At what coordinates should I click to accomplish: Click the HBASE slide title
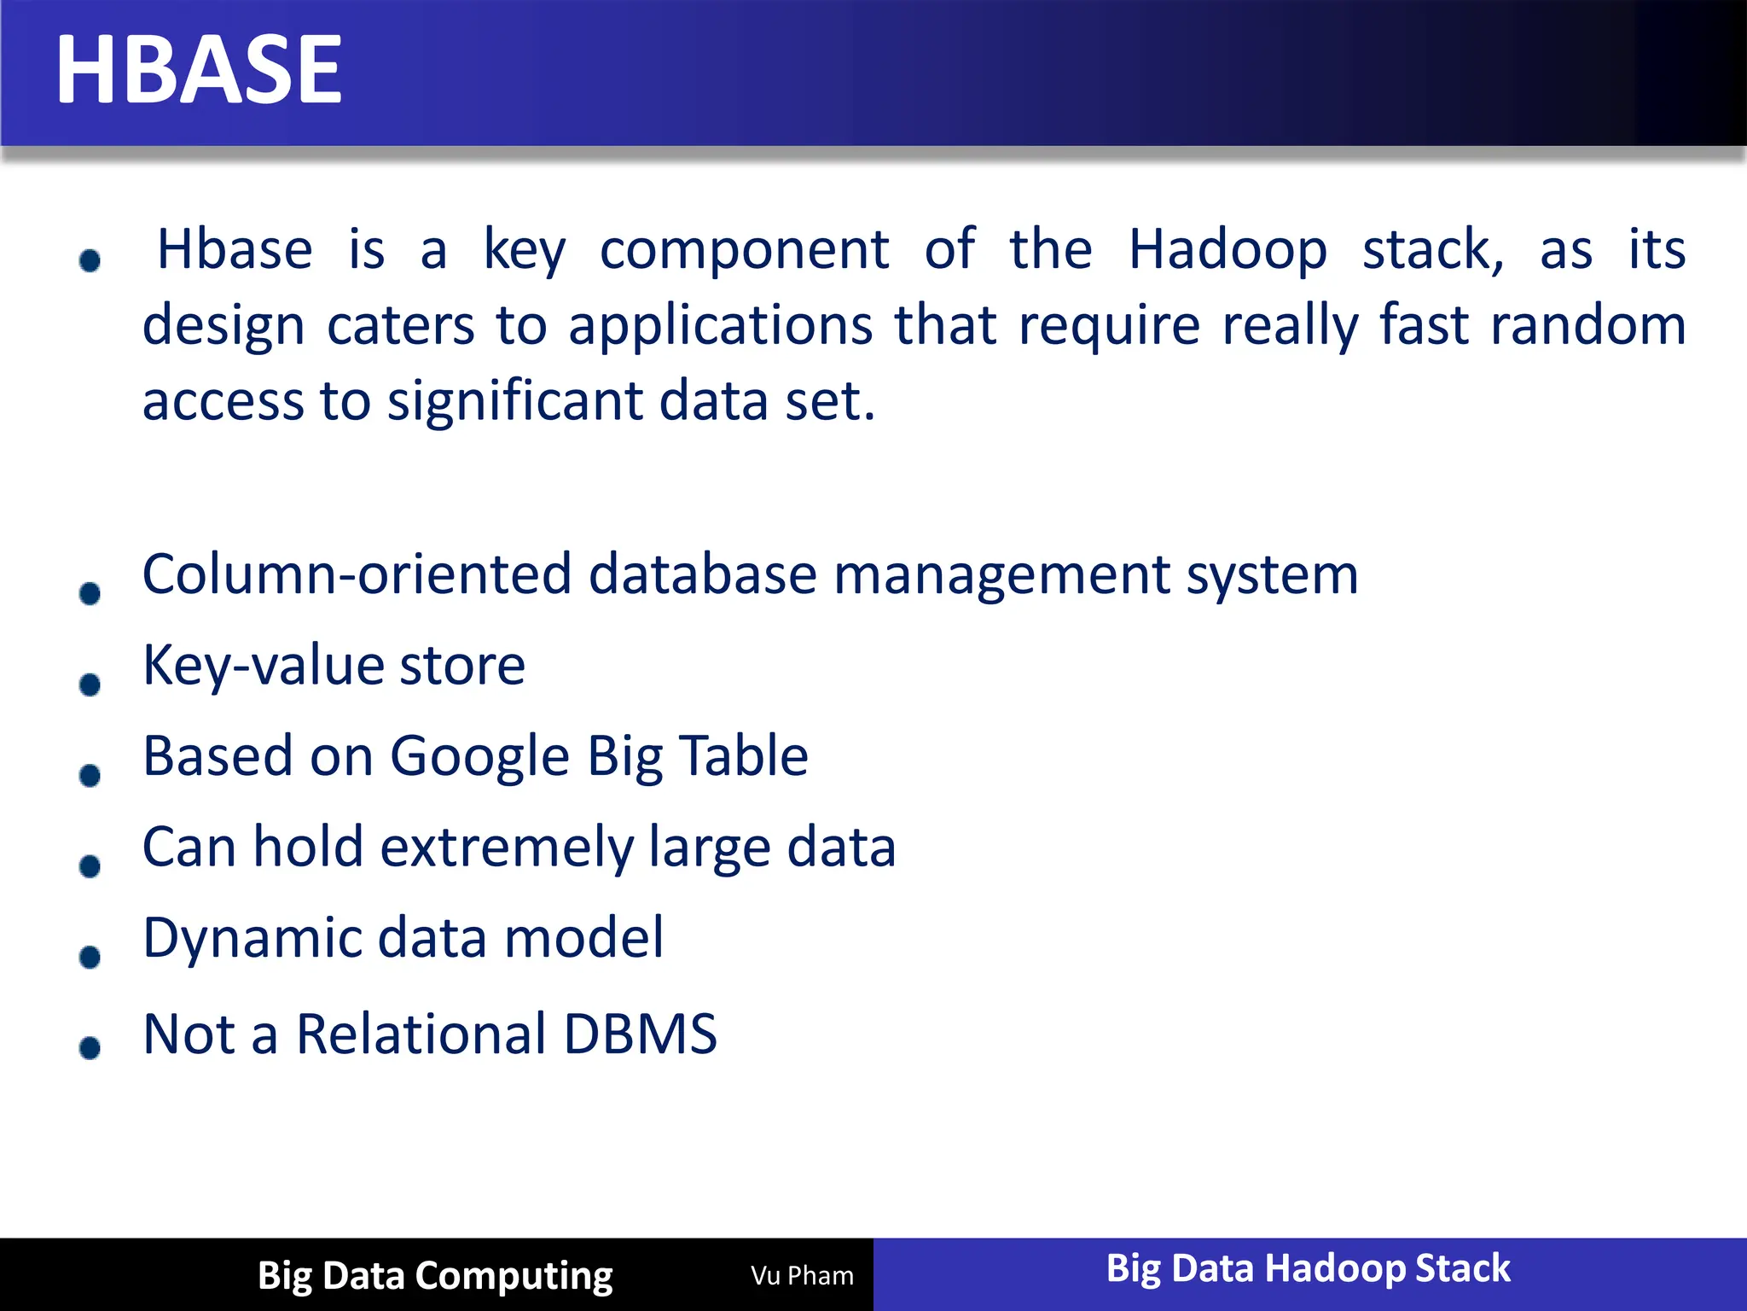pos(199,70)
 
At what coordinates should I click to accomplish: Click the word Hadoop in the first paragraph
pos(1228,251)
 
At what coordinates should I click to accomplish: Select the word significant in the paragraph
pos(514,401)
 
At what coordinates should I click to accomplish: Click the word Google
pos(479,757)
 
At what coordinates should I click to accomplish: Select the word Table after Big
pos(744,757)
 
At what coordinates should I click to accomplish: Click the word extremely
pos(507,848)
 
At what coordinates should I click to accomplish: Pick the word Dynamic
pos(252,939)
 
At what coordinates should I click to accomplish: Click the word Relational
pos(421,1034)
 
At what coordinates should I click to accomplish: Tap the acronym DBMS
pos(640,1034)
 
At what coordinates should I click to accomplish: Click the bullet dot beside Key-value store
pos(90,685)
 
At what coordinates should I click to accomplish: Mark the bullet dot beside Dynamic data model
pos(90,958)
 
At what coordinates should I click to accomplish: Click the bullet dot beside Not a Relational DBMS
pos(90,1048)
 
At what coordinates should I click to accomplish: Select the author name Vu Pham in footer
pos(802,1276)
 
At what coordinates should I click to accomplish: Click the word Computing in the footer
pos(514,1276)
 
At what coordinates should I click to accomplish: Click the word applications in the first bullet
pos(721,326)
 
